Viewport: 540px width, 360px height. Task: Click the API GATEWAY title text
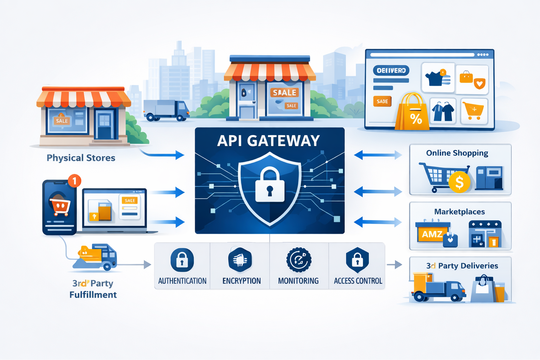point(269,141)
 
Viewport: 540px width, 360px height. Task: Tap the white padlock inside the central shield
point(270,186)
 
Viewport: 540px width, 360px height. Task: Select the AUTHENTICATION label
point(182,281)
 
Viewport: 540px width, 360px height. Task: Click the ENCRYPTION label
point(242,281)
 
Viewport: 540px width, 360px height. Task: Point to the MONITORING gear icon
point(299,260)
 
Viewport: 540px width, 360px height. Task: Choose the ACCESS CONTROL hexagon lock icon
point(357,260)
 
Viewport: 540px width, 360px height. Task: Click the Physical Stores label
point(81,158)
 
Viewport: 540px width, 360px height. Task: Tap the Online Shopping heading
point(457,153)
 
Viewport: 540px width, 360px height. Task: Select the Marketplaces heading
point(459,212)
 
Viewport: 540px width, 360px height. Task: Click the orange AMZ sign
point(432,234)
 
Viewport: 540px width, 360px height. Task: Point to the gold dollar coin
point(459,182)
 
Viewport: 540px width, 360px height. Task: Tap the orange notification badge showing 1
point(74,181)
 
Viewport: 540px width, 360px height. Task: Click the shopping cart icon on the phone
point(60,207)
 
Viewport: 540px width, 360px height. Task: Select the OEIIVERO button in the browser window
point(391,71)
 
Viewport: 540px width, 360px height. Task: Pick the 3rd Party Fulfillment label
point(93,289)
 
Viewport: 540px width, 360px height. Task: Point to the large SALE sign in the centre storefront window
point(284,92)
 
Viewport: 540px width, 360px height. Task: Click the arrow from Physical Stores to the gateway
point(163,154)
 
